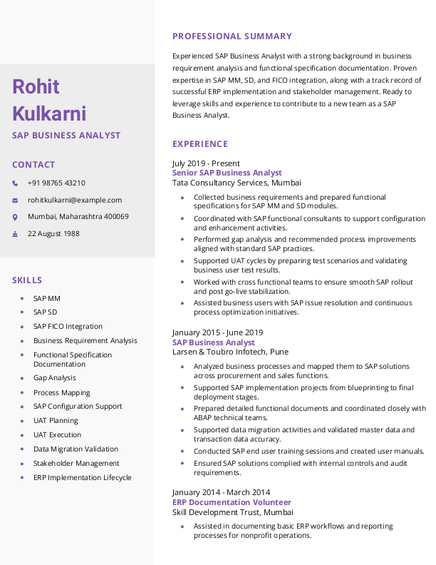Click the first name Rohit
point(36,87)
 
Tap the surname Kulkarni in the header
point(49,113)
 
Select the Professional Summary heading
point(232,36)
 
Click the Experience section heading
point(200,143)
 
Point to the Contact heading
point(33,165)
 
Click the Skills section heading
point(27,280)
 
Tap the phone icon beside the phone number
point(16,183)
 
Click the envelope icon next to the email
point(16,200)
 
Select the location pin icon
point(16,217)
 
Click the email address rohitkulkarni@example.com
point(75,200)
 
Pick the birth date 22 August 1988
point(53,233)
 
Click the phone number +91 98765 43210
point(56,183)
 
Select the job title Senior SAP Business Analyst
point(227,173)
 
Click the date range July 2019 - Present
point(206,163)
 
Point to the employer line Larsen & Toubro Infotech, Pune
point(229,352)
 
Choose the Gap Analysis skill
point(54,378)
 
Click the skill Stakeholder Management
point(76,464)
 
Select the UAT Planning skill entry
point(56,421)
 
